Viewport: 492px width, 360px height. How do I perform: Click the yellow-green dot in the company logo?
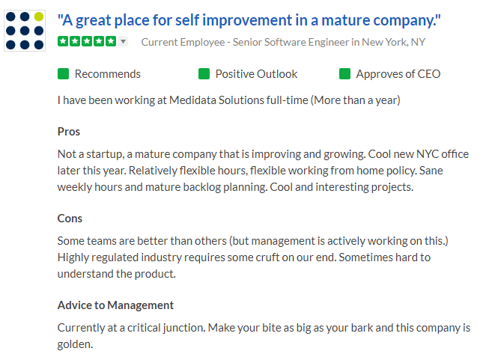point(39,16)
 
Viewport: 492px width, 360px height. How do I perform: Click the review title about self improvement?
point(249,20)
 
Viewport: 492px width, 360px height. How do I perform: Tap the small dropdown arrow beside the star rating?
point(124,41)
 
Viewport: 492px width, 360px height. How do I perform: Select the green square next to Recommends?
point(63,74)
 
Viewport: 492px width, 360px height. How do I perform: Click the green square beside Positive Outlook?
point(204,74)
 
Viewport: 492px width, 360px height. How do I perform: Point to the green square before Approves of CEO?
point(344,74)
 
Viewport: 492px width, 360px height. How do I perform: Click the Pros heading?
point(69,132)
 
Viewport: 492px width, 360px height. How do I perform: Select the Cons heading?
point(70,219)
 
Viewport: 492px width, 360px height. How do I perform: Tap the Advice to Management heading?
point(115,305)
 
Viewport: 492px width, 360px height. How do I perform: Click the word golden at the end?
point(75,344)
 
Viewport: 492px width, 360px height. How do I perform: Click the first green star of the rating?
point(63,41)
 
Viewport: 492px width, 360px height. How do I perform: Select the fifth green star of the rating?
point(111,41)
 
